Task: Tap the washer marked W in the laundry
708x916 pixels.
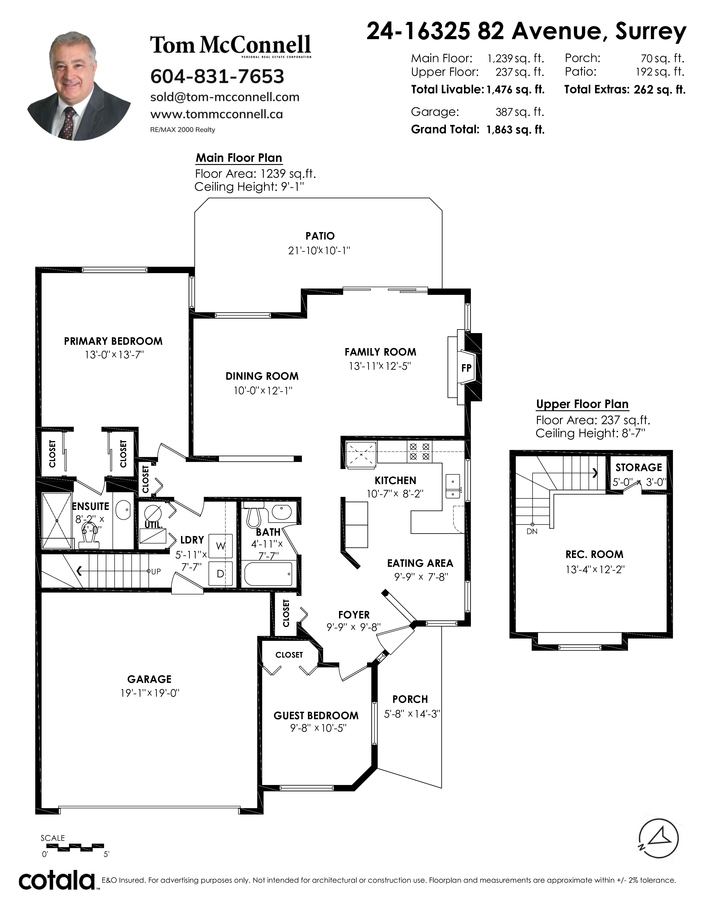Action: pyautogui.click(x=221, y=546)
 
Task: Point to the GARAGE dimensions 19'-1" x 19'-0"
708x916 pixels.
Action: pyautogui.click(x=150, y=693)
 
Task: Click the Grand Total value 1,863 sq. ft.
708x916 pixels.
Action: pyautogui.click(x=516, y=130)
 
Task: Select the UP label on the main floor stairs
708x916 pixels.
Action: pyautogui.click(x=155, y=571)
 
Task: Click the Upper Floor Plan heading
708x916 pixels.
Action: pyautogui.click(x=582, y=404)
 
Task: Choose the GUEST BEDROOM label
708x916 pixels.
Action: pyautogui.click(x=316, y=716)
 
